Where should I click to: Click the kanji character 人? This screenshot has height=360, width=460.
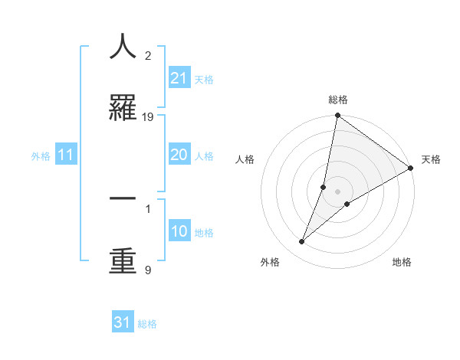(123, 47)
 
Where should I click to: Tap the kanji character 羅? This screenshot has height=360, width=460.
(123, 108)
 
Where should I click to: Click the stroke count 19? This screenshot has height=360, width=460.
(148, 117)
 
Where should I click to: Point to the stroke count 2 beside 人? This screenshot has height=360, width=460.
(148, 56)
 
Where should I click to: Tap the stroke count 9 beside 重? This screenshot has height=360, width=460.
(148, 270)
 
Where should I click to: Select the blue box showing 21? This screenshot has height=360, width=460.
(179, 78)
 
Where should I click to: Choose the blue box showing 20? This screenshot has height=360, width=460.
(179, 155)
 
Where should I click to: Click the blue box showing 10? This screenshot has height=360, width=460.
(179, 231)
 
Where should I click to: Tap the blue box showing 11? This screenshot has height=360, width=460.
(66, 155)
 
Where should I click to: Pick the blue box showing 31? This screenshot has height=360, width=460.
(123, 322)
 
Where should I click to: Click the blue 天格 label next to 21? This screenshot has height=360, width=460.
(204, 80)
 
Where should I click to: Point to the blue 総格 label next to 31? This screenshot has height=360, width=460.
(147, 324)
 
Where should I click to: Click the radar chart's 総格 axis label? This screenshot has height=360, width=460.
(338, 100)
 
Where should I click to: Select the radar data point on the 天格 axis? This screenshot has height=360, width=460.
(411, 169)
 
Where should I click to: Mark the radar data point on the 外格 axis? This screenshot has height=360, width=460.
(302, 242)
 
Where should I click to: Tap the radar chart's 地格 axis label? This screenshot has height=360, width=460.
(402, 262)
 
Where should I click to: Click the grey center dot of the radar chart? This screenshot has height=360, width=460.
(338, 191)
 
